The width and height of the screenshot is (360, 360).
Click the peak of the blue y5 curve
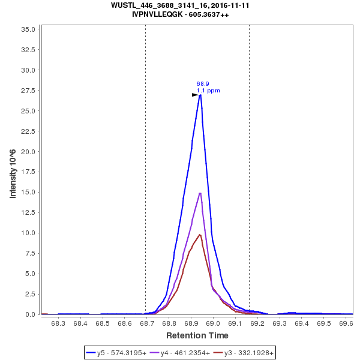coord(200,95)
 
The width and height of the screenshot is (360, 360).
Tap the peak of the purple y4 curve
coord(200,193)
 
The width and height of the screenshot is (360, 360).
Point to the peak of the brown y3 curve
coord(199,235)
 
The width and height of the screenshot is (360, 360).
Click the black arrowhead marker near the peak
coord(195,95)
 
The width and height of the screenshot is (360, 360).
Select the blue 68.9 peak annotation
coord(203,84)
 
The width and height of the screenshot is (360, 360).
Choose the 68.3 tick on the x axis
coord(58,323)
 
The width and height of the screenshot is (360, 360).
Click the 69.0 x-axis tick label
coord(213,323)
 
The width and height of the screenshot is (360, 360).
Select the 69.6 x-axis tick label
coord(346,323)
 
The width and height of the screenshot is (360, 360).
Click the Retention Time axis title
coord(197,335)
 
